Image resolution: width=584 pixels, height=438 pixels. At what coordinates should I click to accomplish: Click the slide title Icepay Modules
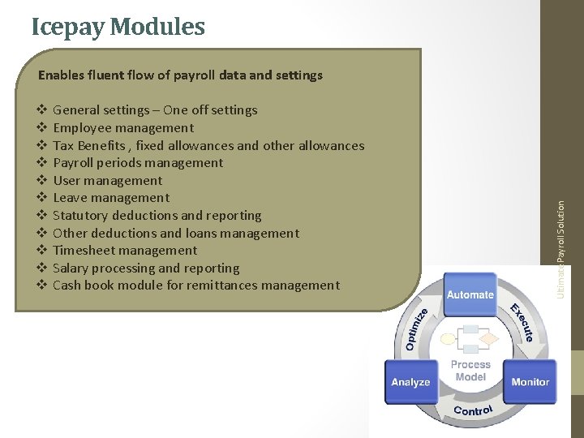point(118,27)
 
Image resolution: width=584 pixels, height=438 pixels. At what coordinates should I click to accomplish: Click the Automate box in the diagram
point(470,294)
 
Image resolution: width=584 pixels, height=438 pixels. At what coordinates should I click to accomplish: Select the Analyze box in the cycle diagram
point(410,381)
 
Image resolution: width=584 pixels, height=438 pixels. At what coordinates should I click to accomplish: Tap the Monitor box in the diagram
point(530,381)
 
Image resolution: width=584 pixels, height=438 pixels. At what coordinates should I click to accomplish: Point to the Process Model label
point(470,371)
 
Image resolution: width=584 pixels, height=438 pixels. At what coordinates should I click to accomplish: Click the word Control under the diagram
point(473,410)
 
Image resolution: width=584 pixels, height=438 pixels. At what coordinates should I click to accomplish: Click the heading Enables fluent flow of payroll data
point(180,75)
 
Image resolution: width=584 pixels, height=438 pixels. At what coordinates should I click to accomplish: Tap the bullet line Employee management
point(123,128)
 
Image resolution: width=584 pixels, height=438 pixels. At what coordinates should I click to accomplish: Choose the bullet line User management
point(107,181)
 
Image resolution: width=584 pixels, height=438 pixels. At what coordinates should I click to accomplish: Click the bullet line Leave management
point(111,198)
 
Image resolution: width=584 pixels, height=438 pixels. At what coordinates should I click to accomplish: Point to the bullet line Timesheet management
point(125,251)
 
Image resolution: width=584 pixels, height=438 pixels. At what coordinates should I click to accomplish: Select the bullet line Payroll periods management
point(138,163)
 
